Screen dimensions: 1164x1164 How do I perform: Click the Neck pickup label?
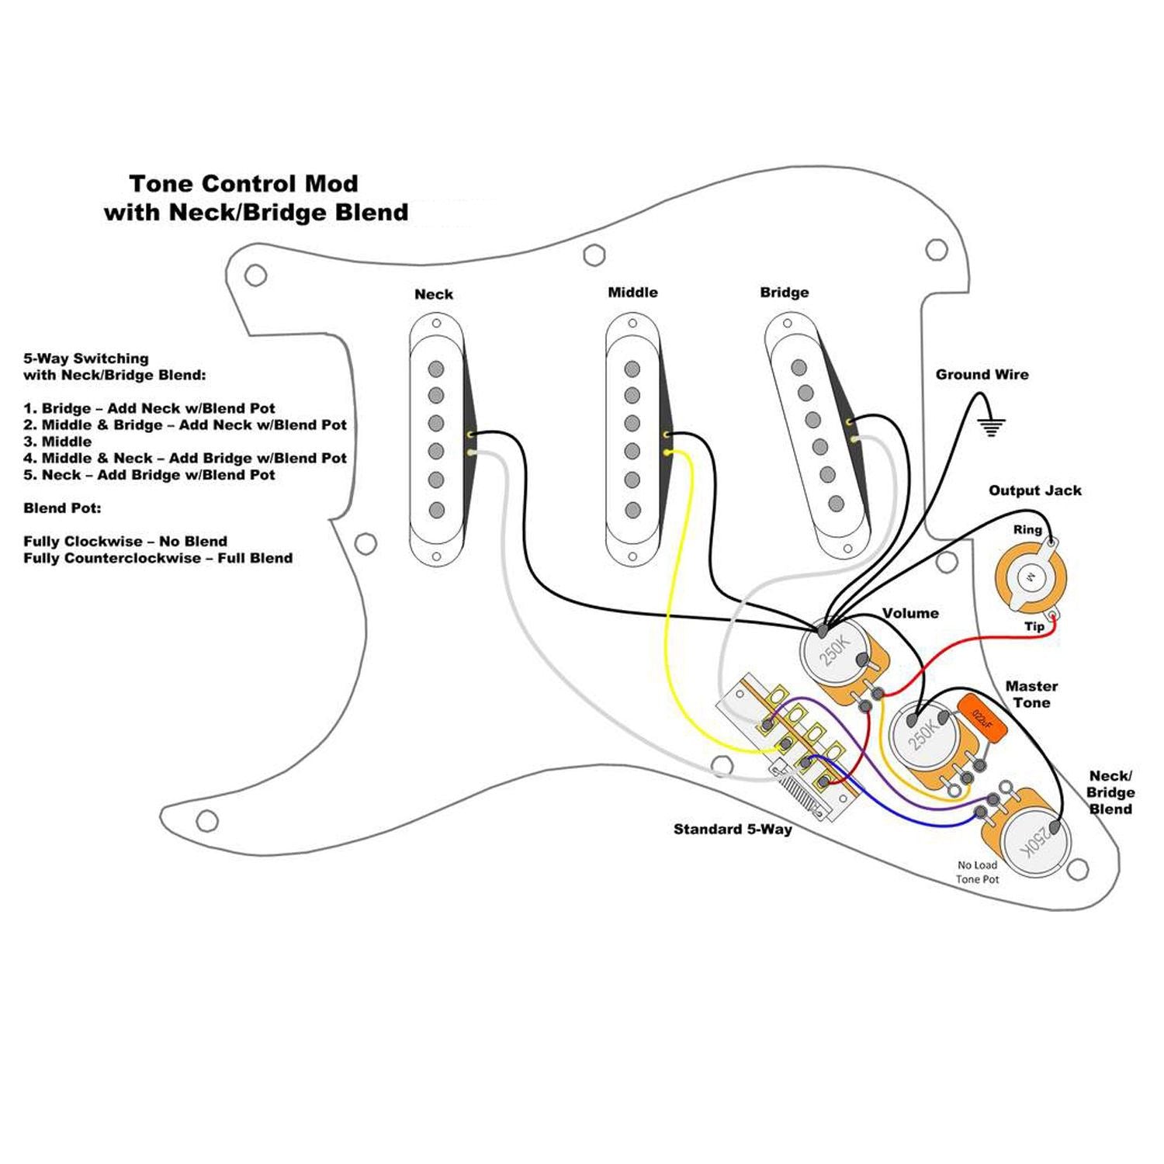point(433,294)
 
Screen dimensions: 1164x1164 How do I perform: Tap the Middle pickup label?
point(632,292)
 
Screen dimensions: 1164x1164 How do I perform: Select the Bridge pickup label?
point(784,292)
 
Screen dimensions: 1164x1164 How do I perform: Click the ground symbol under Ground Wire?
point(991,426)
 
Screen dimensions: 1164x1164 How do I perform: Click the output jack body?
point(1031,577)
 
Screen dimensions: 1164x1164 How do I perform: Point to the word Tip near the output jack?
point(1034,626)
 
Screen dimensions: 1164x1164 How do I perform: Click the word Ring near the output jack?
point(1027,529)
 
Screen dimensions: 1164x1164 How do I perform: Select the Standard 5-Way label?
point(733,829)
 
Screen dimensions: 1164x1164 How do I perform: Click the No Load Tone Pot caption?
point(977,871)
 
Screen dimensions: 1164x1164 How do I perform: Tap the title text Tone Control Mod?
point(244,184)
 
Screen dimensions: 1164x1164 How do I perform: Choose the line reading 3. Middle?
point(57,442)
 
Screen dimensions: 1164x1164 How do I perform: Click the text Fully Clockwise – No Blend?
point(125,541)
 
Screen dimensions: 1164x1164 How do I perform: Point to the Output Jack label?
point(1034,490)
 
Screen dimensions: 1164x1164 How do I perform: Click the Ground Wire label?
point(982,374)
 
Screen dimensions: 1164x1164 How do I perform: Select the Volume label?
point(910,613)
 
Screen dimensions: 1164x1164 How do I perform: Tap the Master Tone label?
point(1031,694)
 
